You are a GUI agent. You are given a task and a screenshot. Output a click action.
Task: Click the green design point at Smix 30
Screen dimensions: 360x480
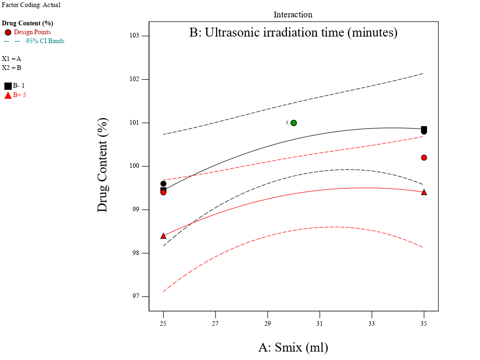(x=293, y=123)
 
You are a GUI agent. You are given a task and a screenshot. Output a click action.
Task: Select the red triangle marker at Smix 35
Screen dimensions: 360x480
(x=424, y=192)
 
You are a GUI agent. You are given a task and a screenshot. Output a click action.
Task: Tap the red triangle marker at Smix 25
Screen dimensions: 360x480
(x=163, y=236)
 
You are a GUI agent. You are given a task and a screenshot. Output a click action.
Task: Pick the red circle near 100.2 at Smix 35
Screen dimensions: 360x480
(x=424, y=157)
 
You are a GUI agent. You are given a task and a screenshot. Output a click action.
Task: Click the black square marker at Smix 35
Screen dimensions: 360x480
(x=424, y=129)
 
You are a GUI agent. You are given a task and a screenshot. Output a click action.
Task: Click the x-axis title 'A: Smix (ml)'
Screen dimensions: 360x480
(x=293, y=347)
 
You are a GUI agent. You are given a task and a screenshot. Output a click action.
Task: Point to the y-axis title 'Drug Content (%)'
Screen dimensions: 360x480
(x=103, y=165)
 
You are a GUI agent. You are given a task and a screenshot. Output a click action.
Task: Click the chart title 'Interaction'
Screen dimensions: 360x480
(x=293, y=15)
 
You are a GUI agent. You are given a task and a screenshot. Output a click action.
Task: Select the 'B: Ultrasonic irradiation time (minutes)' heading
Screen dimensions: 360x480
(x=293, y=33)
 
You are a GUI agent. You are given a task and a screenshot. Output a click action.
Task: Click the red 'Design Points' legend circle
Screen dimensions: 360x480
(x=8, y=32)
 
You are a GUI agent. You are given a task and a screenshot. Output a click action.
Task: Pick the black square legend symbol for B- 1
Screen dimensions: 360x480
(x=8, y=86)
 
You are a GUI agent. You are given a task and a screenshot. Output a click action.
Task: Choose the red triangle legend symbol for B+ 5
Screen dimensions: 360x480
(x=8, y=95)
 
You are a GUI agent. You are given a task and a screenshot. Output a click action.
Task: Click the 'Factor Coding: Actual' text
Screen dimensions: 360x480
(x=31, y=5)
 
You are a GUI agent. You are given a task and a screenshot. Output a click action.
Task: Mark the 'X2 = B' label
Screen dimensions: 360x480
(x=12, y=67)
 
